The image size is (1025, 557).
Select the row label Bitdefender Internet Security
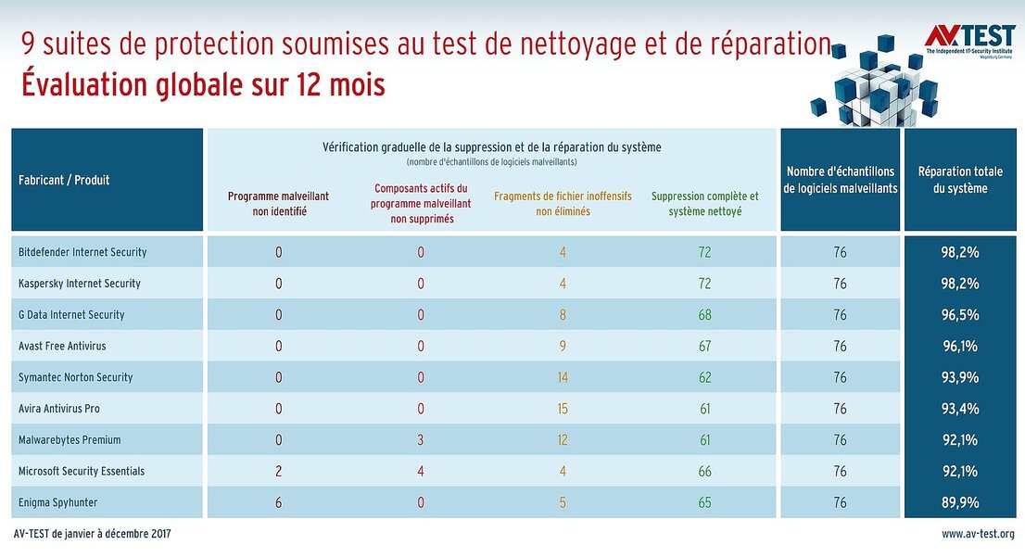point(82,252)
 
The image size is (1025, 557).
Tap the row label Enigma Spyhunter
point(57,502)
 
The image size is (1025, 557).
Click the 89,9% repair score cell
point(960,502)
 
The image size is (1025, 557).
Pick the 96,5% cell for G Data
point(960,315)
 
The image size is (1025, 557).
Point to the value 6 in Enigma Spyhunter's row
point(278,502)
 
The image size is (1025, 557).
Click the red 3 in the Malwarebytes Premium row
point(421,440)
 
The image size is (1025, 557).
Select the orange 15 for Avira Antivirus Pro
point(563,409)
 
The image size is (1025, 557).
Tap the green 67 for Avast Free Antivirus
point(704,346)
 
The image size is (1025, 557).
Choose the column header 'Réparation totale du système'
point(959,180)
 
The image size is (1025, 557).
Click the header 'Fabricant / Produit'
point(64,180)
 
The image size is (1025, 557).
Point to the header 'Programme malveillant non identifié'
point(278,204)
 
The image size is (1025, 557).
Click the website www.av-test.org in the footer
point(978,534)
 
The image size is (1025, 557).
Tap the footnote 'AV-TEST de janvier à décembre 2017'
point(93,534)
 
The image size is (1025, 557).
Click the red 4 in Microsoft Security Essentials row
point(421,471)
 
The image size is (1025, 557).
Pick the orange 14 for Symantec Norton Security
point(563,377)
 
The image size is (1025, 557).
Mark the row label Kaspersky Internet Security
point(80,284)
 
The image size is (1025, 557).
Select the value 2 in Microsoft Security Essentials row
point(278,471)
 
